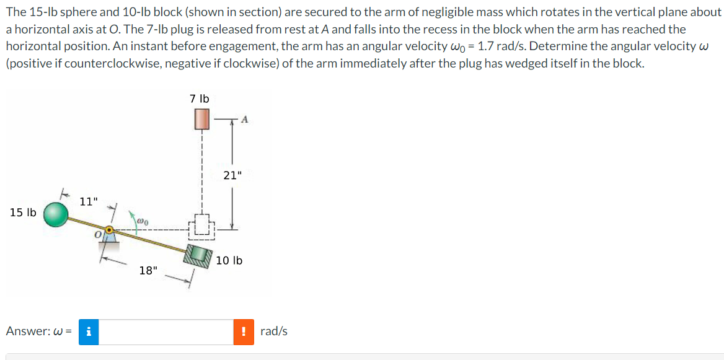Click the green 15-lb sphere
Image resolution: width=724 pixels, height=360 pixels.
pyautogui.click(x=56, y=214)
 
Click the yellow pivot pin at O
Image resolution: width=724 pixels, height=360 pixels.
pyautogui.click(x=109, y=231)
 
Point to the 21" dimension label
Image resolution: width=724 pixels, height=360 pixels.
pyautogui.click(x=232, y=175)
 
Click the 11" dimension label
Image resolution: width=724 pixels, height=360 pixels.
pyautogui.click(x=89, y=201)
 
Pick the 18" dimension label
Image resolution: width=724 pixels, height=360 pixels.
pyautogui.click(x=148, y=270)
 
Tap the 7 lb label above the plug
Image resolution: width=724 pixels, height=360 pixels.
pyautogui.click(x=200, y=99)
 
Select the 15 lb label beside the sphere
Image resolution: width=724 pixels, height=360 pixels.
pyautogui.click(x=23, y=213)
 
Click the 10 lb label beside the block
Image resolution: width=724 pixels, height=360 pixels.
pyautogui.click(x=229, y=260)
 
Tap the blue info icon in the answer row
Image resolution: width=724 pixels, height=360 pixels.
pyautogui.click(x=89, y=331)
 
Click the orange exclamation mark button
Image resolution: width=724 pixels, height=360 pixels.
pyautogui.click(x=244, y=331)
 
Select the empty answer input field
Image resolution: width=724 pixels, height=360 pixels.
pyautogui.click(x=166, y=331)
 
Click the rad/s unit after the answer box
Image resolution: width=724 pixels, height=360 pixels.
pyautogui.click(x=274, y=331)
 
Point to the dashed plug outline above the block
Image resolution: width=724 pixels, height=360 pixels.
pyautogui.click(x=202, y=227)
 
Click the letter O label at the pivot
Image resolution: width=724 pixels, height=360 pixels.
pyautogui.click(x=97, y=235)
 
